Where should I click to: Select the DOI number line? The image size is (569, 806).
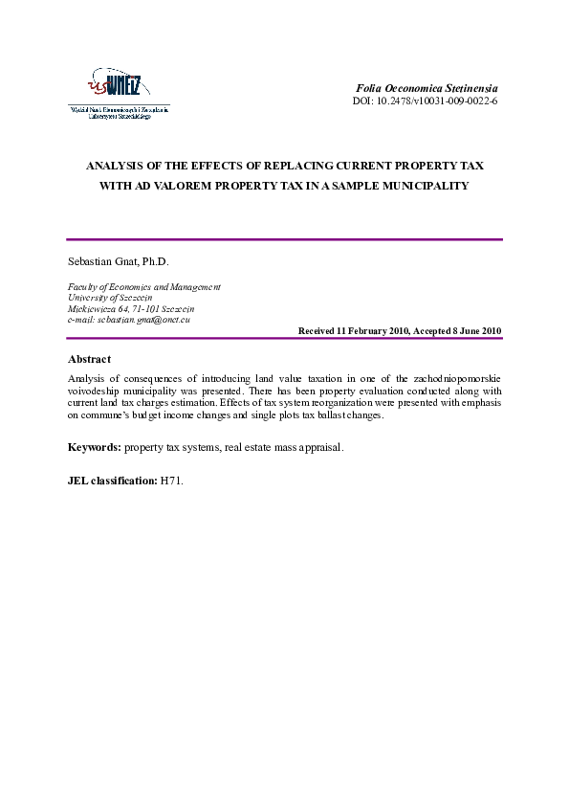[433, 101]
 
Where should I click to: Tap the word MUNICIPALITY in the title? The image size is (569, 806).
[424, 186]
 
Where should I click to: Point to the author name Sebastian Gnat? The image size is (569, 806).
[101, 261]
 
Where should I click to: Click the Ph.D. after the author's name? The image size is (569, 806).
[155, 261]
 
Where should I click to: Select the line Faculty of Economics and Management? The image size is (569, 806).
[143, 286]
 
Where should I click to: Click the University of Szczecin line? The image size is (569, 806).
[110, 297]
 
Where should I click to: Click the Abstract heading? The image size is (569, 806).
[89, 359]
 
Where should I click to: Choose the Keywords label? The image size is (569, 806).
[95, 448]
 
